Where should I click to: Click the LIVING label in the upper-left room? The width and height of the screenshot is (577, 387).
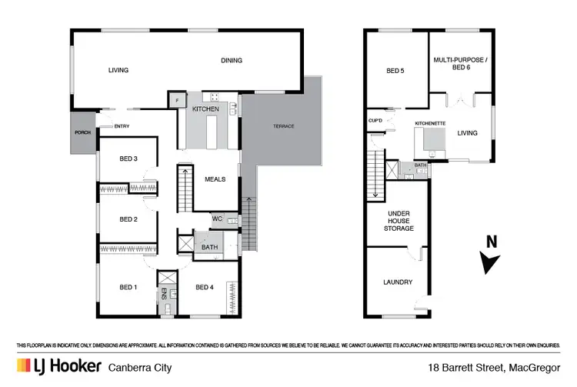coord(118,70)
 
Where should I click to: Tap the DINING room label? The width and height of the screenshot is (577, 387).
coord(232,61)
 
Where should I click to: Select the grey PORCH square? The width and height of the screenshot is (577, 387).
coord(82,132)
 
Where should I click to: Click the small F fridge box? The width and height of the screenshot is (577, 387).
coord(176,100)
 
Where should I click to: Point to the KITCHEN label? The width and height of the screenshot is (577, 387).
coord(206,110)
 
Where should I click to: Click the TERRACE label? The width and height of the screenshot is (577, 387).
coord(284,126)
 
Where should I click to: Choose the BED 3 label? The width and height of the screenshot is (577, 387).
coord(128,159)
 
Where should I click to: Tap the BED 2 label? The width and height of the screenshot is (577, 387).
coord(128,219)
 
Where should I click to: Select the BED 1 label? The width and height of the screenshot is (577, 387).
coord(128,288)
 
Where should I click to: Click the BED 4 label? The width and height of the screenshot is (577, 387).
coord(204,288)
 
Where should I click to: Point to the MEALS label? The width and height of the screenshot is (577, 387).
coord(215,179)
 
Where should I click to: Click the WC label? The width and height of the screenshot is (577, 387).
coord(217,219)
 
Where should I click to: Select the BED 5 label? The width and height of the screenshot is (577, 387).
coord(395,72)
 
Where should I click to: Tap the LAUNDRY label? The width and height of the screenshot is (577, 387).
coord(398,282)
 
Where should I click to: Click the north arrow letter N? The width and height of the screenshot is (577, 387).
coord(491,242)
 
